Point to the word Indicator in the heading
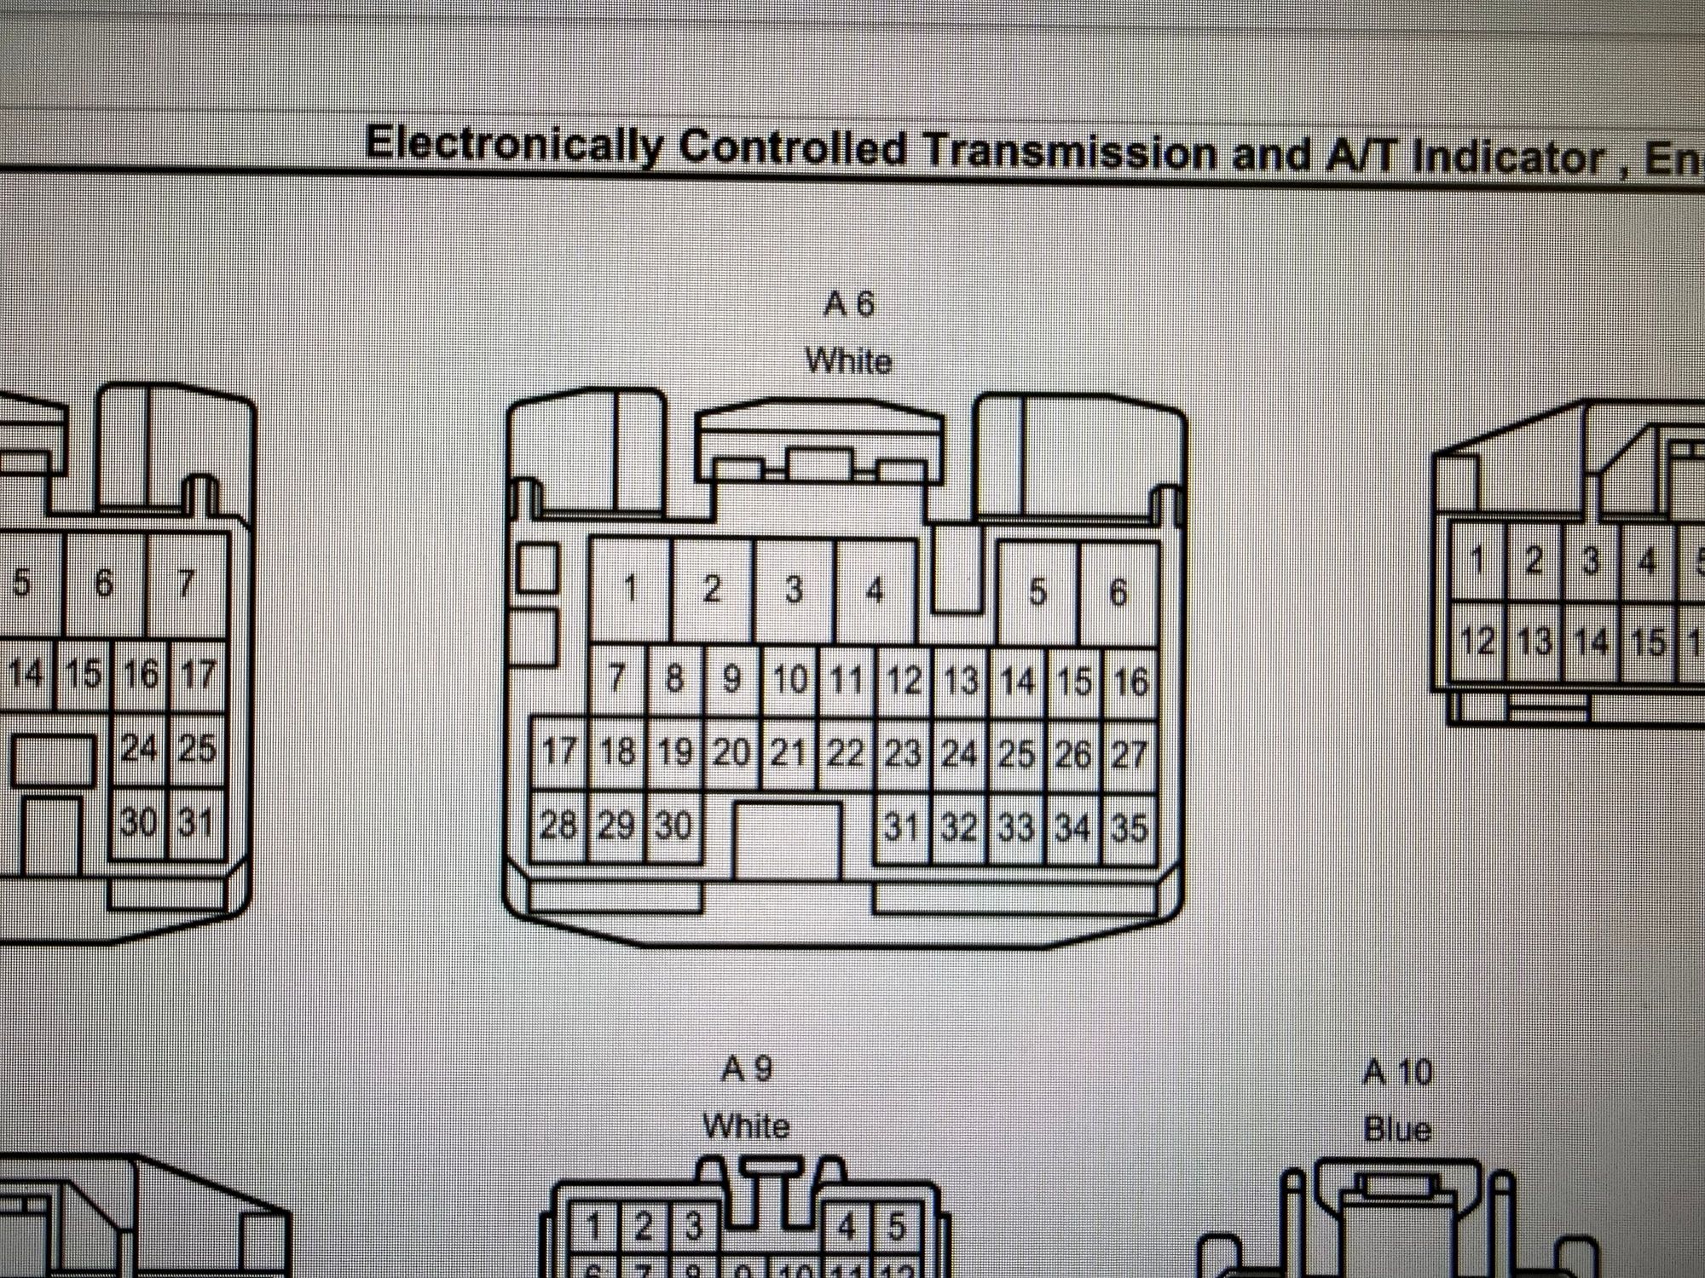coord(1507,158)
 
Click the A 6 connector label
coord(849,304)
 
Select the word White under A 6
coord(849,361)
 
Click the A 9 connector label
coord(747,1068)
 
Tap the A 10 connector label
coord(1398,1072)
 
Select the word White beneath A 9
coord(747,1126)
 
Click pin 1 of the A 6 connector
coord(631,589)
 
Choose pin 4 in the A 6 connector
coord(875,590)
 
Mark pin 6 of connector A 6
coord(1118,592)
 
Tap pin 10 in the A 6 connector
coord(789,680)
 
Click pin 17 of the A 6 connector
coord(559,751)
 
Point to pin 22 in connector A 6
coord(846,753)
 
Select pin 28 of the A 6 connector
coord(558,825)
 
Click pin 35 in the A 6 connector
coord(1130,828)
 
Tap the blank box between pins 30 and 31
coord(787,838)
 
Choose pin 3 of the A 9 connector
coord(694,1227)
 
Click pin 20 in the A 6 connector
coord(731,752)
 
